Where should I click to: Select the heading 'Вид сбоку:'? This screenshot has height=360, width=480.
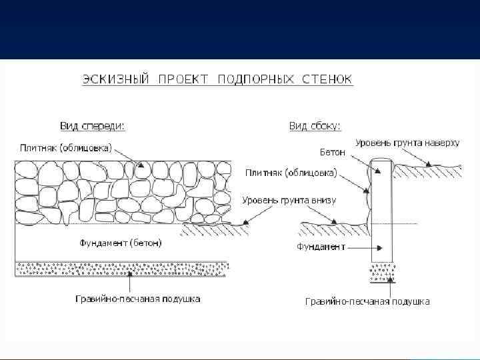click(314, 125)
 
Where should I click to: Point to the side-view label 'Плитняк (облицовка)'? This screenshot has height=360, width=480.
click(291, 173)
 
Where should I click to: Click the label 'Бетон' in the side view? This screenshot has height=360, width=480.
click(333, 153)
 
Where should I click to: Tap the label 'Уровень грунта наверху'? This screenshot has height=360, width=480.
click(407, 143)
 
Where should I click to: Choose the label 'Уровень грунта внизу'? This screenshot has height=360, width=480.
click(289, 200)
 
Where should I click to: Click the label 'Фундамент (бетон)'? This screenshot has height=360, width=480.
click(121, 243)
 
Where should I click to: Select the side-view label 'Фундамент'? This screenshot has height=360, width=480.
click(321, 247)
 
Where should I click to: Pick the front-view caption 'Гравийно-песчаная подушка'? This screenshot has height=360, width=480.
click(137, 299)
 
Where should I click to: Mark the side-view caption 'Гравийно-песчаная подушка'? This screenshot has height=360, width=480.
click(367, 301)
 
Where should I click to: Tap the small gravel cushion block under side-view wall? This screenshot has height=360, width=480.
click(381, 273)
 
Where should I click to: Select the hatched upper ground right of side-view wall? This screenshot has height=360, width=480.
click(427, 171)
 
